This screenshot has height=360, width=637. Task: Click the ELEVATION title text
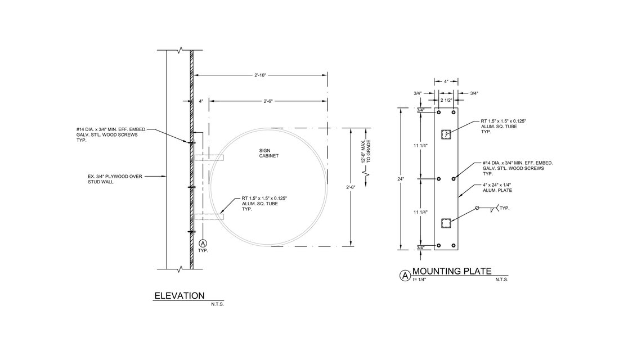click(180, 295)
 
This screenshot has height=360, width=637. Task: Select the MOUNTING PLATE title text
click(452, 271)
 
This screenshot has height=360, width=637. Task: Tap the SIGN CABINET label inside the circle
click(268, 153)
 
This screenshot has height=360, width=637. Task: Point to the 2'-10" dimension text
click(260, 75)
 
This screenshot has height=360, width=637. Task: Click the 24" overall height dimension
click(401, 179)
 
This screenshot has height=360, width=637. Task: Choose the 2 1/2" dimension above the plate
click(446, 100)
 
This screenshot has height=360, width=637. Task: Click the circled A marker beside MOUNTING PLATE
click(405, 276)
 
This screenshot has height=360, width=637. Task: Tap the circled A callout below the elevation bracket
click(203, 243)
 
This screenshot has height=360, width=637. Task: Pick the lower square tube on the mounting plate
click(446, 224)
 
